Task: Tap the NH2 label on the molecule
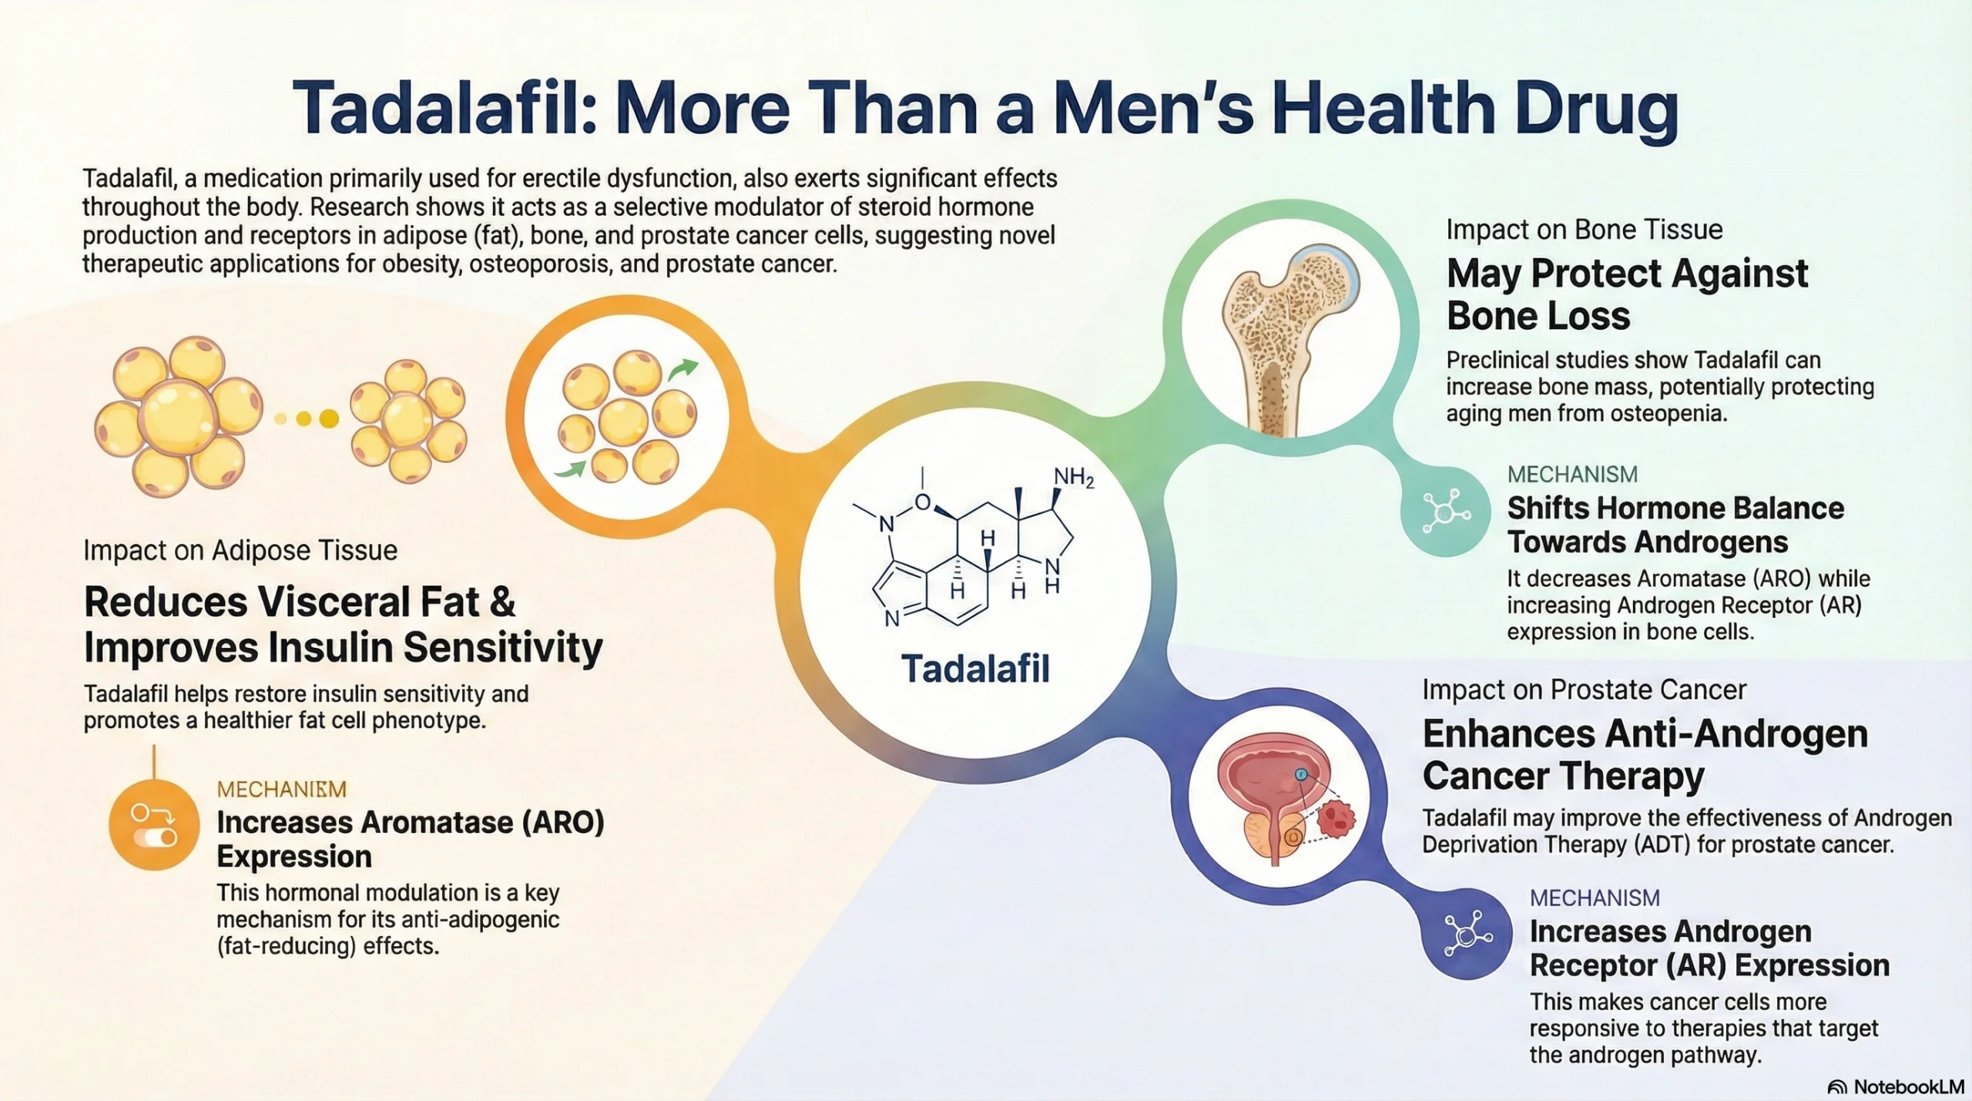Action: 1073,478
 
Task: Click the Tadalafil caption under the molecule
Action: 975,669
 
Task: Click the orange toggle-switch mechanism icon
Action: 154,825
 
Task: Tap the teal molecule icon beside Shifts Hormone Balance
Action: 1446,511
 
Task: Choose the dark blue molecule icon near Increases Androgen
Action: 1467,934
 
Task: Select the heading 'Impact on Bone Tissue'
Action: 1584,230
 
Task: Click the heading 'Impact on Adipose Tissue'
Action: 240,550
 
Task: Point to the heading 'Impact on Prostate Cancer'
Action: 1584,690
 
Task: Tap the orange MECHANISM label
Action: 282,789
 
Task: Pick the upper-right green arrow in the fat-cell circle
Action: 682,370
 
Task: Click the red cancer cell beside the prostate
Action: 1336,818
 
